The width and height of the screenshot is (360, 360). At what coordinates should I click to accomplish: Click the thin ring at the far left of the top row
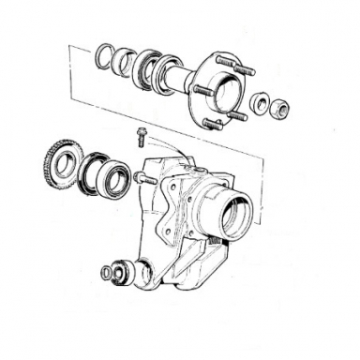point(104,57)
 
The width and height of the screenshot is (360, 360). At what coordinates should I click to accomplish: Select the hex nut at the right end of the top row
point(279,109)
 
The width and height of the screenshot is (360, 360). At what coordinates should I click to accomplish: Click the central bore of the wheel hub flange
point(217,91)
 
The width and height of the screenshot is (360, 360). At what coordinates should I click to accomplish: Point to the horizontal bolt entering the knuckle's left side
point(142,176)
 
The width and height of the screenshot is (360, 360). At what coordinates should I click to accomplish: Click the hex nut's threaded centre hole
point(279,109)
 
